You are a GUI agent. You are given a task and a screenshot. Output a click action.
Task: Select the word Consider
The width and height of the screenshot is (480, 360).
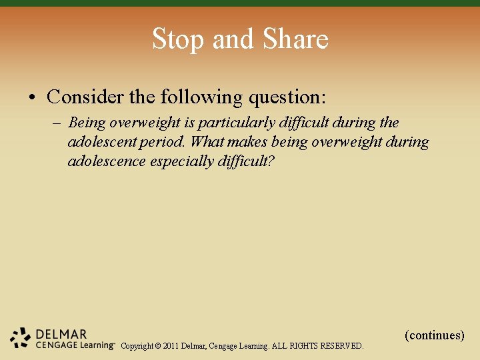click(85, 97)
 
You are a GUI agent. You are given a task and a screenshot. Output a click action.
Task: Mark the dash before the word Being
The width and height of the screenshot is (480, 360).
click(56, 123)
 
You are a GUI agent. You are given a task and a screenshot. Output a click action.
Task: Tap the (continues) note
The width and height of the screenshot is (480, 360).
click(434, 335)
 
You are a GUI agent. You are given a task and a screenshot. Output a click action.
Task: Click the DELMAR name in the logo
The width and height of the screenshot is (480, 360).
click(61, 334)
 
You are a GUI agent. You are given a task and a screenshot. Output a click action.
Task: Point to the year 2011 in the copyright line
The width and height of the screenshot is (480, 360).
click(170, 346)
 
